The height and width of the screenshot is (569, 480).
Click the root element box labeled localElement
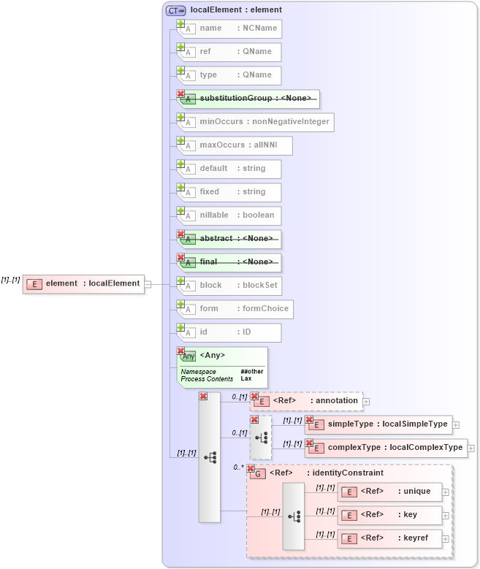(84, 284)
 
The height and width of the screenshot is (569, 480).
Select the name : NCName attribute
(229, 28)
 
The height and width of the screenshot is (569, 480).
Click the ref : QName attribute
(229, 52)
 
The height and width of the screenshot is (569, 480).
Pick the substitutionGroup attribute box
(248, 99)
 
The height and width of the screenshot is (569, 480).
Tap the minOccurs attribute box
(256, 122)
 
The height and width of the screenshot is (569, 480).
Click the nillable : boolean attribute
(229, 215)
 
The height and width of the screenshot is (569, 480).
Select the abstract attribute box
(229, 239)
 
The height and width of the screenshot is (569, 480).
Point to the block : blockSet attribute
(229, 286)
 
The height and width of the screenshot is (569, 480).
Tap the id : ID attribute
(229, 332)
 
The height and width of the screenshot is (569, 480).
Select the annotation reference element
(306, 401)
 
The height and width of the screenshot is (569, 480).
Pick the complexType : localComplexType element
(386, 447)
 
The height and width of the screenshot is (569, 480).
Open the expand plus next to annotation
(367, 401)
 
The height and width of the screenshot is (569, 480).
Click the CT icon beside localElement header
(175, 10)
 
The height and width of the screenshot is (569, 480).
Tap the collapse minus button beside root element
(148, 284)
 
